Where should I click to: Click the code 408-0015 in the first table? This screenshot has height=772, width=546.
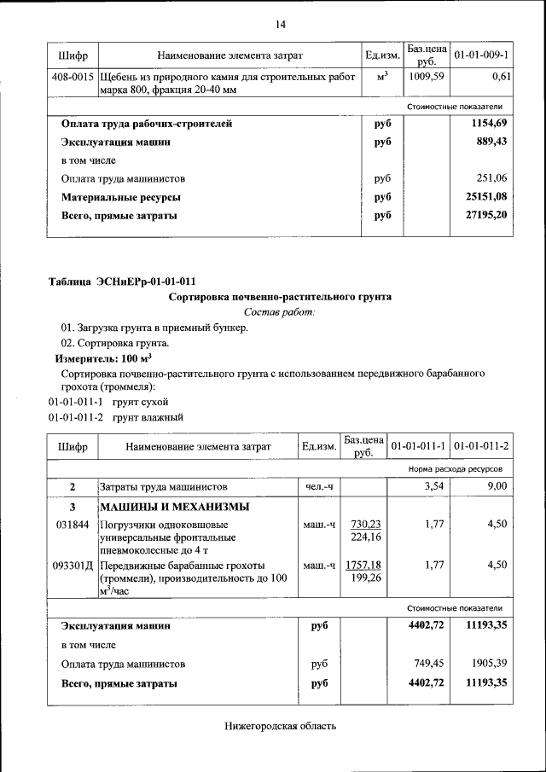tap(73, 77)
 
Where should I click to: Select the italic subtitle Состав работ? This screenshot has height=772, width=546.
tap(280, 313)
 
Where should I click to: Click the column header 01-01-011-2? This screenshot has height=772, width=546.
tap(481, 446)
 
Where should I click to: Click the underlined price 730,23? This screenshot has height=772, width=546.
tap(364, 524)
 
